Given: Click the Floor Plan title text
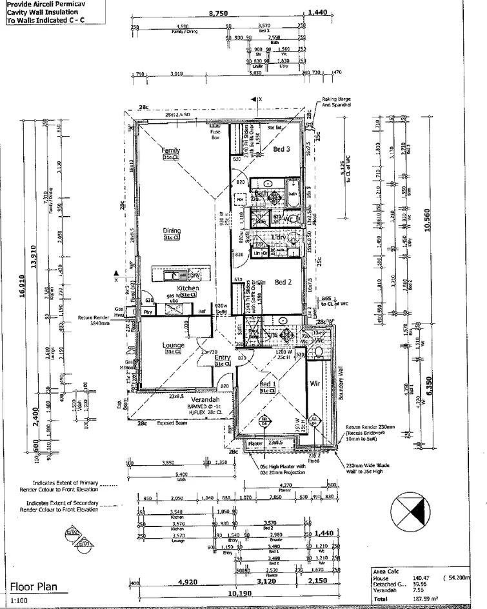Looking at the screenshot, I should [33, 587].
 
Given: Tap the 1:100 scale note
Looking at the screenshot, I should [19, 601].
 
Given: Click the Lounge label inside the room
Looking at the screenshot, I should [173, 345].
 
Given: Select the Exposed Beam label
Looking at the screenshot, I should [171, 424].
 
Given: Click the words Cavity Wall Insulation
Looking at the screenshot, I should [40, 12].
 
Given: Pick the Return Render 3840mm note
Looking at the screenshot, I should [95, 321].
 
